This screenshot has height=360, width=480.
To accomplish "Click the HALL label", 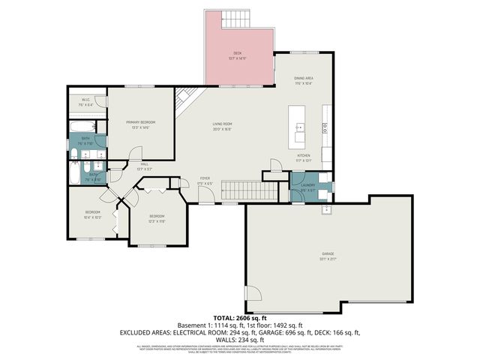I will pos(144,167).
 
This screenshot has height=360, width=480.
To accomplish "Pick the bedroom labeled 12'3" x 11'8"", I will pos(156,217).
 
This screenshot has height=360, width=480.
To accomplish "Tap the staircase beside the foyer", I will pos(242,191).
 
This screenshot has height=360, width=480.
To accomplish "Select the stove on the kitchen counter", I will pos(326,128).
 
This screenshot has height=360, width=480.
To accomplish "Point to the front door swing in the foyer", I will pos(204,197).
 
